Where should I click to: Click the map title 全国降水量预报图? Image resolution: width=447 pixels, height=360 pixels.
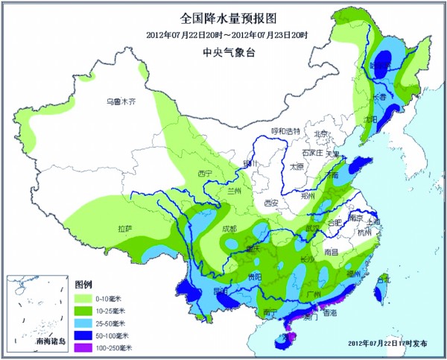(x=223, y=17)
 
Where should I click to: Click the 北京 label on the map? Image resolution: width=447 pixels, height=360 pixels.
(x=321, y=134)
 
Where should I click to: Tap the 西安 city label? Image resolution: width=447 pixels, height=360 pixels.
(x=270, y=202)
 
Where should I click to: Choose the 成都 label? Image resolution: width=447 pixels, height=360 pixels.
(x=229, y=229)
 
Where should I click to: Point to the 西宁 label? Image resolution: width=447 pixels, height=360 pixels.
(x=206, y=174)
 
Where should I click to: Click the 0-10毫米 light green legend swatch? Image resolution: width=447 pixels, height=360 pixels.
(x=84, y=298)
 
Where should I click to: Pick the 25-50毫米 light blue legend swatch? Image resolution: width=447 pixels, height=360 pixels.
(x=84, y=323)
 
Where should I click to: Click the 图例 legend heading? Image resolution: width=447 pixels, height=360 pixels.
(x=83, y=285)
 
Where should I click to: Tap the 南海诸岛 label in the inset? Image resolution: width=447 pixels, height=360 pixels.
(x=51, y=341)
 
